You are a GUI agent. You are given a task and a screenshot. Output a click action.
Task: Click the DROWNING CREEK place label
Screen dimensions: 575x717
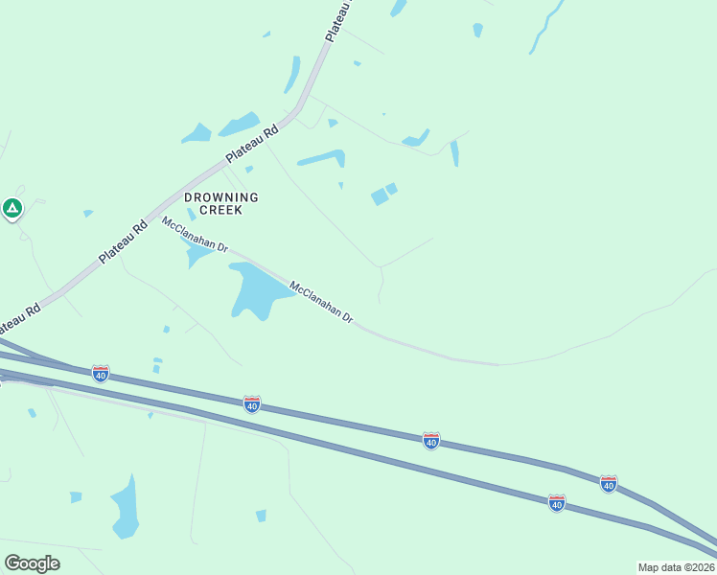coord(221,203)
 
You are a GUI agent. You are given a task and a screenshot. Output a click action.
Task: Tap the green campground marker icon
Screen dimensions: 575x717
coord(12,207)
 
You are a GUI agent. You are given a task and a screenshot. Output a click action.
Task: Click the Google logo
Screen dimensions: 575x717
coord(32,563)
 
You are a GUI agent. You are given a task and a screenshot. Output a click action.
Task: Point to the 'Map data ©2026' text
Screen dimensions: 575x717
coord(676,567)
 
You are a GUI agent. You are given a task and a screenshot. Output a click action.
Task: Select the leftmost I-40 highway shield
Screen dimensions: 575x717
coord(101,372)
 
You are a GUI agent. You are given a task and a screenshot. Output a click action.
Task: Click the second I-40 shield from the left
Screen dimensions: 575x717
coord(251,404)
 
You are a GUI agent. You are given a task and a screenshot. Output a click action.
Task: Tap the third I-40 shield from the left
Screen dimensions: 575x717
coord(431,440)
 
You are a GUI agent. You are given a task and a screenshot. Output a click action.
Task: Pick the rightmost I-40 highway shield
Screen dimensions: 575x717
coord(608,483)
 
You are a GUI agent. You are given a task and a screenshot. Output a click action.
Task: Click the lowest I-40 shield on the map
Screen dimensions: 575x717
coord(557,502)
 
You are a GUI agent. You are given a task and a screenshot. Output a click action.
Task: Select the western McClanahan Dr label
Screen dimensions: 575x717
coord(195,235)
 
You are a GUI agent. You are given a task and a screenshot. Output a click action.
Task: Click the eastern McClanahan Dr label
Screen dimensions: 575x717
coord(322,302)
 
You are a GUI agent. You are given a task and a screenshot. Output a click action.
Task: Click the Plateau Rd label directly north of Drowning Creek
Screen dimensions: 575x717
coord(251,144)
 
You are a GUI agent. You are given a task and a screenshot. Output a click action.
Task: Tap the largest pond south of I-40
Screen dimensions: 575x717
coord(125,505)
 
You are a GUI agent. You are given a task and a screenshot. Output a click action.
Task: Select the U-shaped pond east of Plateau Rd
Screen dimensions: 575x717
coord(322,157)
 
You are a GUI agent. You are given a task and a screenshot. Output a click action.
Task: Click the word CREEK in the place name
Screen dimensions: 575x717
coord(221,210)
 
